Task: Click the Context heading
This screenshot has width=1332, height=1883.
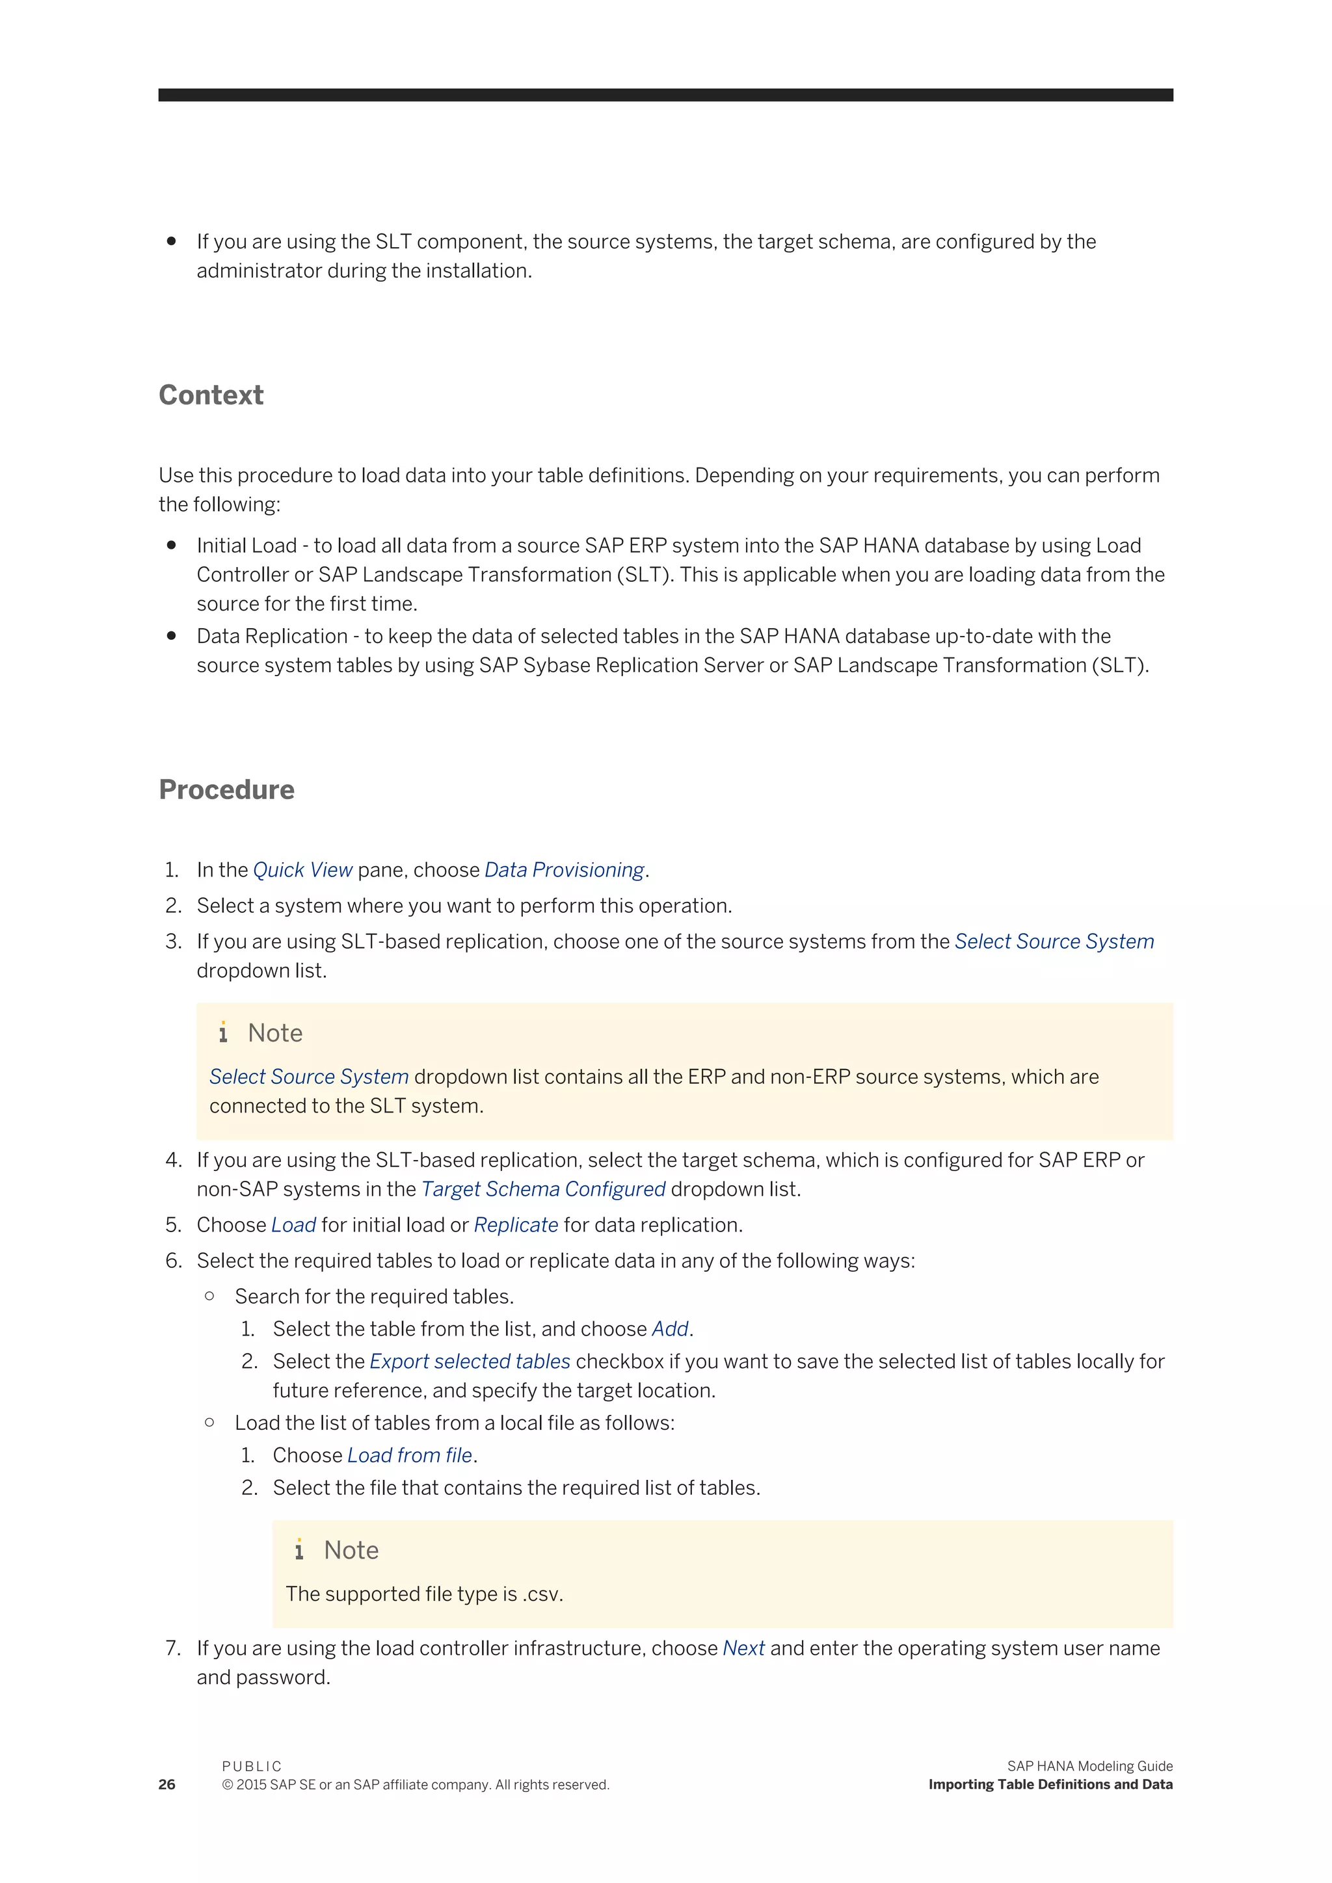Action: point(211,395)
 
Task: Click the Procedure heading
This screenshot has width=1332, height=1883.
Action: point(226,790)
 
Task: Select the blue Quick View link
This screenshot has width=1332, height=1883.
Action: point(302,870)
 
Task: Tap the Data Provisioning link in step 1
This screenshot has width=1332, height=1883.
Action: point(565,870)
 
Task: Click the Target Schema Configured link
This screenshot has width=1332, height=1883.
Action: point(543,1189)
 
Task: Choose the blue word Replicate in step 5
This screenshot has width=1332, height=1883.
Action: point(516,1225)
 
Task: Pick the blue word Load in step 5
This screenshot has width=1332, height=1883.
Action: point(293,1225)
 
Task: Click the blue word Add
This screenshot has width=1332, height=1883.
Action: point(670,1328)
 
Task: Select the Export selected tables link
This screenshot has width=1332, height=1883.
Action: point(470,1362)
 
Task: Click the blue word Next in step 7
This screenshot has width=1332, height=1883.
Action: point(743,1648)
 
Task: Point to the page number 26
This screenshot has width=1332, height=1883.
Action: point(166,1785)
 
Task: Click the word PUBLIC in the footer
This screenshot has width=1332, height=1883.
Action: point(252,1766)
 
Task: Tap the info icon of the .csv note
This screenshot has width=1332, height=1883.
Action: point(299,1549)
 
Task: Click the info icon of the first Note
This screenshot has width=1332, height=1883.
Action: point(223,1033)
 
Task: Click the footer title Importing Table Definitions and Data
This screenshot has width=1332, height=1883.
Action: point(1050,1785)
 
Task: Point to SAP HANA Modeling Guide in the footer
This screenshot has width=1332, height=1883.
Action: point(1089,1766)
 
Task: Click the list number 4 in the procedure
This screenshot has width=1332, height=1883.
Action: point(172,1161)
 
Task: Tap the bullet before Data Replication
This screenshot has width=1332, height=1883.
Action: point(172,636)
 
